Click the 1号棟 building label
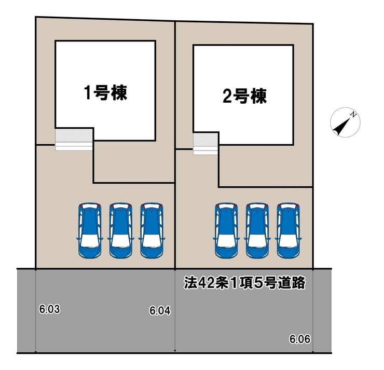106,93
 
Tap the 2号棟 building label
244,97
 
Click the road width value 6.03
50,309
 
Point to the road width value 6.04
160,311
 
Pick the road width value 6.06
300,339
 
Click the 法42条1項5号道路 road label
244,284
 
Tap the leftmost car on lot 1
89,230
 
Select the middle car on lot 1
120,230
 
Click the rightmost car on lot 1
151,230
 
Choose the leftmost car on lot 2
226,230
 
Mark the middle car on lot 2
257,230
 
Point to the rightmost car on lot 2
289,230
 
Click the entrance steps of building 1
74,139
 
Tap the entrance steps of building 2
205,143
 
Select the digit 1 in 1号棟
88,93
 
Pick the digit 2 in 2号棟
226,97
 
